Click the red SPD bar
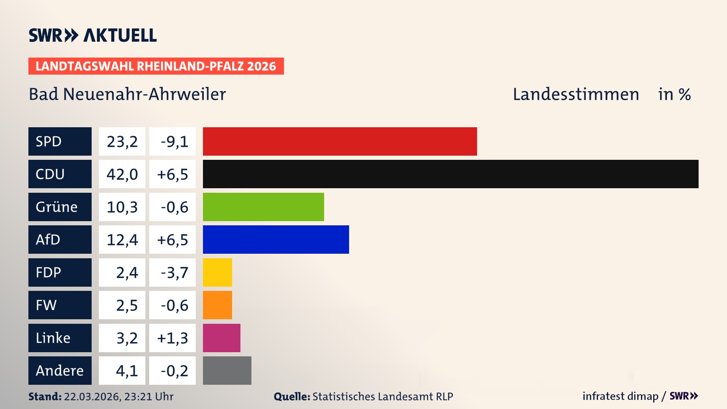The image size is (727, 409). [x=340, y=141]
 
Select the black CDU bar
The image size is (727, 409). [x=451, y=174]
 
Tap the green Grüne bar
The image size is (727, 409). [x=263, y=207]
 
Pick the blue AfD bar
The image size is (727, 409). [x=276, y=239]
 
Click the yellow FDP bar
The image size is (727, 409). [x=217, y=272]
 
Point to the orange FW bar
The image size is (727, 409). [x=217, y=305]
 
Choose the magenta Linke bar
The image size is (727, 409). [x=222, y=338]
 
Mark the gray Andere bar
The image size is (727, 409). [x=227, y=370]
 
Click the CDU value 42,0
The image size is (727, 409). [x=122, y=174]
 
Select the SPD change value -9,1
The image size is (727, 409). [x=174, y=142]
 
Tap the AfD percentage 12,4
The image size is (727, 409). [x=122, y=240]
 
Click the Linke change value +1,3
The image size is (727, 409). [x=172, y=338]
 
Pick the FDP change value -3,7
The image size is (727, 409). [x=174, y=273]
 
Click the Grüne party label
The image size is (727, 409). [x=57, y=207]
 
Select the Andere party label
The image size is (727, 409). [x=59, y=371]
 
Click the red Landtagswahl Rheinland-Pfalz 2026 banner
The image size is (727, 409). [x=156, y=66]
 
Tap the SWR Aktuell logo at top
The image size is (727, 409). [x=92, y=35]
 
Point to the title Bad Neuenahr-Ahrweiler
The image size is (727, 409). [x=127, y=94]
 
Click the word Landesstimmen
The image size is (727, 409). [x=576, y=94]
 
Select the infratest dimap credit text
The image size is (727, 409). [x=620, y=396]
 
